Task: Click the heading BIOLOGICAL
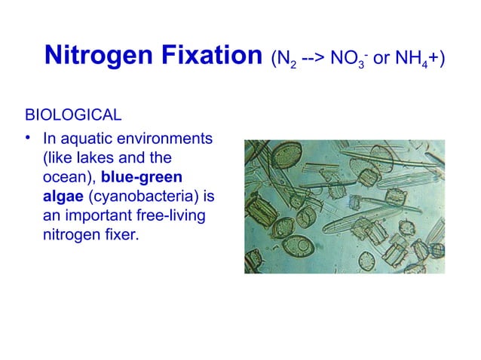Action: pyautogui.click(x=73, y=116)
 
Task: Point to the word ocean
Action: pyautogui.click(x=64, y=178)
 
